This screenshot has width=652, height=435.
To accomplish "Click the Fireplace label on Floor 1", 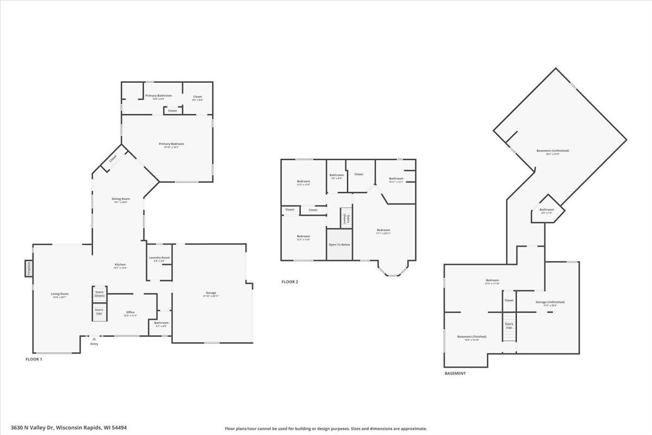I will [28, 269].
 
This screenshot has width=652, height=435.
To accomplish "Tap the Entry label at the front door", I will [95, 344].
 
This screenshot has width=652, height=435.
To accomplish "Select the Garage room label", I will [211, 293].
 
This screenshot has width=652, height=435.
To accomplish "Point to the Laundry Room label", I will [159, 258].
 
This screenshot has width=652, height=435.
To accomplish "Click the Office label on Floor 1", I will [130, 312].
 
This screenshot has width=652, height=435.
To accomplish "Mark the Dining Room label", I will [121, 199].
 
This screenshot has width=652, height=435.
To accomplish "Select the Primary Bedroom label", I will [171, 144].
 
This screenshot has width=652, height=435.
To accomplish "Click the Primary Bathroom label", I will [158, 96].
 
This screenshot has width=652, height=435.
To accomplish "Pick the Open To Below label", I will [340, 245].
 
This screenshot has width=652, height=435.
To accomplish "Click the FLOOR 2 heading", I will [290, 282].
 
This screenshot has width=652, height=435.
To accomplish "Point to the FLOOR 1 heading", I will [34, 359].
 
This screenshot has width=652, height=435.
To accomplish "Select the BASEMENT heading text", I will [455, 374].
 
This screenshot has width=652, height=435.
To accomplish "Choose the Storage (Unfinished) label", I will [550, 302].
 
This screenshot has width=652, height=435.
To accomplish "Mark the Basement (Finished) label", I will [472, 337].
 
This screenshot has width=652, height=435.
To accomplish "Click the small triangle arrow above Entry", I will [94, 338].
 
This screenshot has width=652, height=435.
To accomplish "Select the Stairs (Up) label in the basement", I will [509, 326].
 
